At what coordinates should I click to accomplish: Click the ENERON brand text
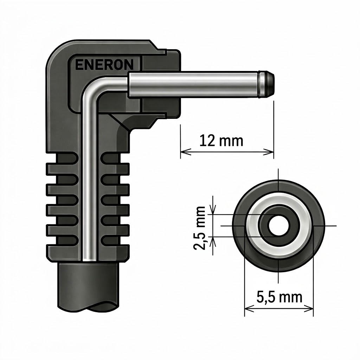[104, 65]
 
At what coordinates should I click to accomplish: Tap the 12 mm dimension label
[221, 141]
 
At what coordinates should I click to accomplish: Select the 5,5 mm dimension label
[279, 297]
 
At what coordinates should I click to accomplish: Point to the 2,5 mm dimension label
[199, 228]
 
